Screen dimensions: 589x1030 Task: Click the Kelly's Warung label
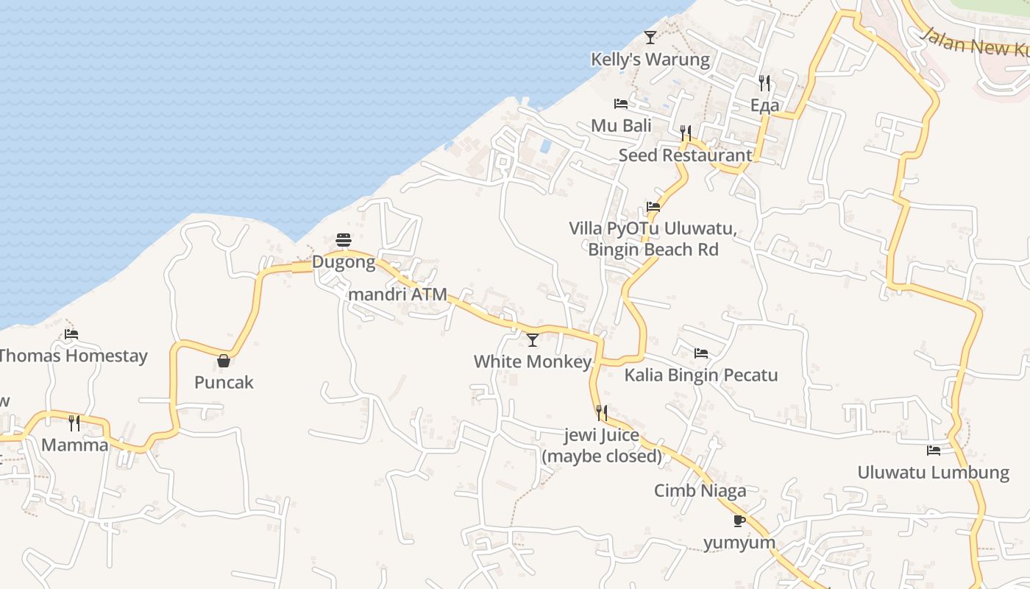point(650,60)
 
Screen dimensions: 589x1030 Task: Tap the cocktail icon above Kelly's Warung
point(650,37)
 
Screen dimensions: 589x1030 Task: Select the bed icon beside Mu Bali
point(621,104)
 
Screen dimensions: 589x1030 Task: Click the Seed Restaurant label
point(685,155)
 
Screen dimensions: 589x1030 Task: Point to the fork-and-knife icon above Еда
point(764,82)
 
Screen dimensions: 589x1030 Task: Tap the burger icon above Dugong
point(344,240)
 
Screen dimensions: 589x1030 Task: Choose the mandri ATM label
point(397,294)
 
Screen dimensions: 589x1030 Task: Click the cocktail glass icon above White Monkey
point(533,339)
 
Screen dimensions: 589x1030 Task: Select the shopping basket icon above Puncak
point(224,361)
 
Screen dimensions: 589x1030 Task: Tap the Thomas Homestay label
point(73,356)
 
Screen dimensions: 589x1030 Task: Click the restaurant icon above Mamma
point(74,423)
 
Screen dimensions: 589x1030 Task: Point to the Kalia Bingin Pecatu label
point(700,375)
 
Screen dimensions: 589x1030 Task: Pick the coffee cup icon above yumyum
point(739,521)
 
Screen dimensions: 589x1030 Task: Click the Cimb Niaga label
point(700,490)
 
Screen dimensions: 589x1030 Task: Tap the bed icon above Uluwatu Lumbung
point(934,450)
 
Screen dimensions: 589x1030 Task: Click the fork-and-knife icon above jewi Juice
point(602,412)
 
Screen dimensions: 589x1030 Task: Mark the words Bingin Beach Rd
point(653,250)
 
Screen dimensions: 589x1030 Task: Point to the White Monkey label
point(533,361)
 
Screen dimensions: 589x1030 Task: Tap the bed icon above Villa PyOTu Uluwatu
point(653,207)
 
